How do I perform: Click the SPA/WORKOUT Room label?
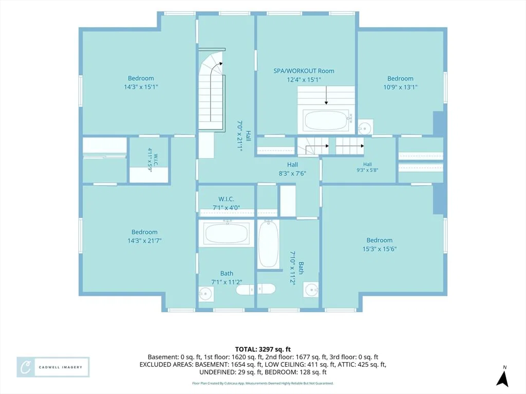coord(304,71)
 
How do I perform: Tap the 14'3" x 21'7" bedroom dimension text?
coord(144,241)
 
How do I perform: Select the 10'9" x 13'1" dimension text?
coord(400,87)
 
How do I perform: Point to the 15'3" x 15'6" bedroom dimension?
coord(380,249)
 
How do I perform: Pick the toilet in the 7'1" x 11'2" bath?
coord(256,289)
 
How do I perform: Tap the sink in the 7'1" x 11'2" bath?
coord(205,294)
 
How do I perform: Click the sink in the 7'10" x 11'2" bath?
coord(311,289)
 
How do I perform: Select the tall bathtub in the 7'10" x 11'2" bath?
coord(268,244)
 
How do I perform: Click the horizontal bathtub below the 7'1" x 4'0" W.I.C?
coord(227,233)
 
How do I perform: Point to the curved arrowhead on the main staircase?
coord(220,63)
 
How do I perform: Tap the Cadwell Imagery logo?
coord(53,367)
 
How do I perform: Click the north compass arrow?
coord(502,377)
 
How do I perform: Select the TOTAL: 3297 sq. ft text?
coord(262,350)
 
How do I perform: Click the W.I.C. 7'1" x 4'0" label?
coord(226,203)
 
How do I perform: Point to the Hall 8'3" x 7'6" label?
coord(292,169)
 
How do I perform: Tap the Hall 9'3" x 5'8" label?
coord(367,167)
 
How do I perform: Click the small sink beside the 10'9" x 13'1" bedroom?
coord(365,127)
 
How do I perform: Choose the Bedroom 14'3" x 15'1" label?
coord(141,83)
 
